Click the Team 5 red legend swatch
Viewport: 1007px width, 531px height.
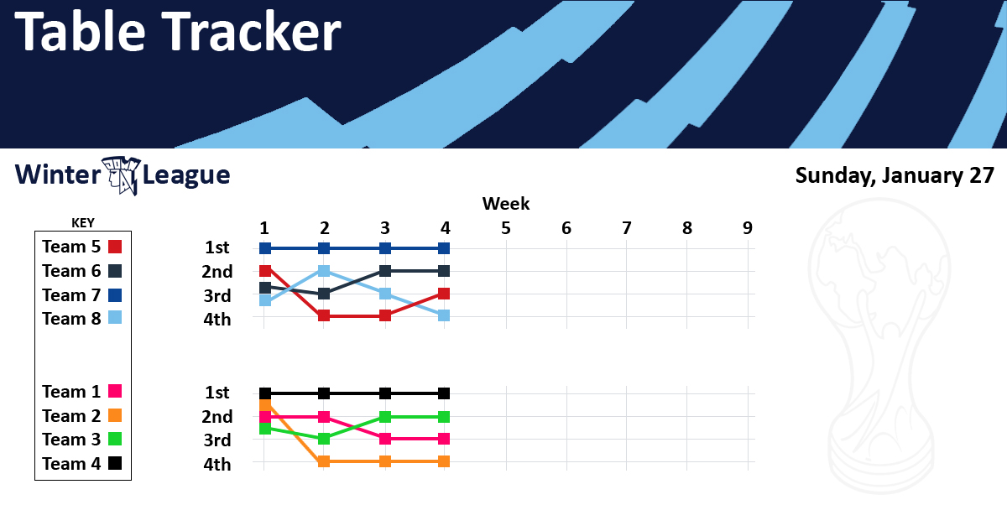[x=115, y=247]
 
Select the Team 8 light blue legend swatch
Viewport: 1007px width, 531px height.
[x=115, y=318]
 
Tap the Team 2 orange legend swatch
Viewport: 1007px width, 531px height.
[x=115, y=415]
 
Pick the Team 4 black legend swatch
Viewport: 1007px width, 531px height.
[x=115, y=463]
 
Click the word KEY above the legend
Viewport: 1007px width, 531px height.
[x=83, y=223]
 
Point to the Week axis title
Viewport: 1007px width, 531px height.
[x=506, y=204]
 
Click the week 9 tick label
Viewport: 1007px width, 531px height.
[x=747, y=228]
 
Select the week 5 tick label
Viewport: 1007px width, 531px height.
[x=506, y=228]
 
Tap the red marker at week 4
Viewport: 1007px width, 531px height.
[x=444, y=294]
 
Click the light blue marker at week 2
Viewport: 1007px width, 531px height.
[x=324, y=271]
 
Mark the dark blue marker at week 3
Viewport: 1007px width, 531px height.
[x=385, y=248]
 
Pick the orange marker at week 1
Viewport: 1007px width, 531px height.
[x=265, y=406]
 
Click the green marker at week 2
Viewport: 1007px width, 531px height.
[x=324, y=439]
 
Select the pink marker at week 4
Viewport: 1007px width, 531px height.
[x=444, y=439]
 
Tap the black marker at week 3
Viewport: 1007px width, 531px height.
[x=385, y=393]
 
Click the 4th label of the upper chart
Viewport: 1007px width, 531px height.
[x=217, y=320]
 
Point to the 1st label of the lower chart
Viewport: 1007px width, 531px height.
[x=217, y=393]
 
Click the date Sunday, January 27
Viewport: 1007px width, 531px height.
[x=895, y=175]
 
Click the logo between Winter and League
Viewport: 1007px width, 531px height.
[x=122, y=175]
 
